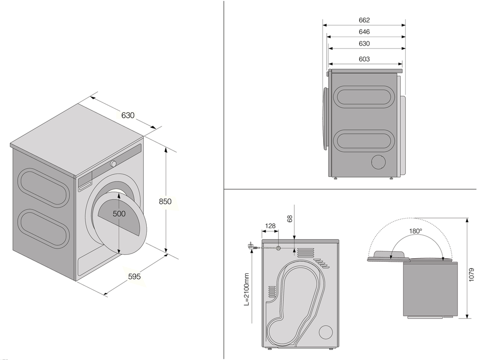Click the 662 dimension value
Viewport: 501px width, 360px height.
[x=364, y=20]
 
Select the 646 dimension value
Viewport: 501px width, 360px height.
[x=364, y=32]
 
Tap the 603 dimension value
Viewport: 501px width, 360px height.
[x=364, y=59]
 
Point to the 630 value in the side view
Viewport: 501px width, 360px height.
[x=364, y=44]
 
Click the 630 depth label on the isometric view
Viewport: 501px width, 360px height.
[x=128, y=115]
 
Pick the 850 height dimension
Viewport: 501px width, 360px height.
[x=165, y=202]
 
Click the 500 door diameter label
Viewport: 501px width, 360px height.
[x=119, y=213]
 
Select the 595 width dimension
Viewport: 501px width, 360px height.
[x=134, y=276]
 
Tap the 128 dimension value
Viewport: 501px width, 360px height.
[x=270, y=226]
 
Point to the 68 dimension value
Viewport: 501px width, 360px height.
[x=289, y=219]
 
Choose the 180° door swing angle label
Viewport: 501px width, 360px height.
[x=415, y=231]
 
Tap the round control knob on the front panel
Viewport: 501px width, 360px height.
[x=114, y=163]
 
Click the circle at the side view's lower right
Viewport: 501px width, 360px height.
[x=379, y=162]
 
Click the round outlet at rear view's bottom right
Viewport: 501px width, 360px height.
[x=326, y=332]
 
